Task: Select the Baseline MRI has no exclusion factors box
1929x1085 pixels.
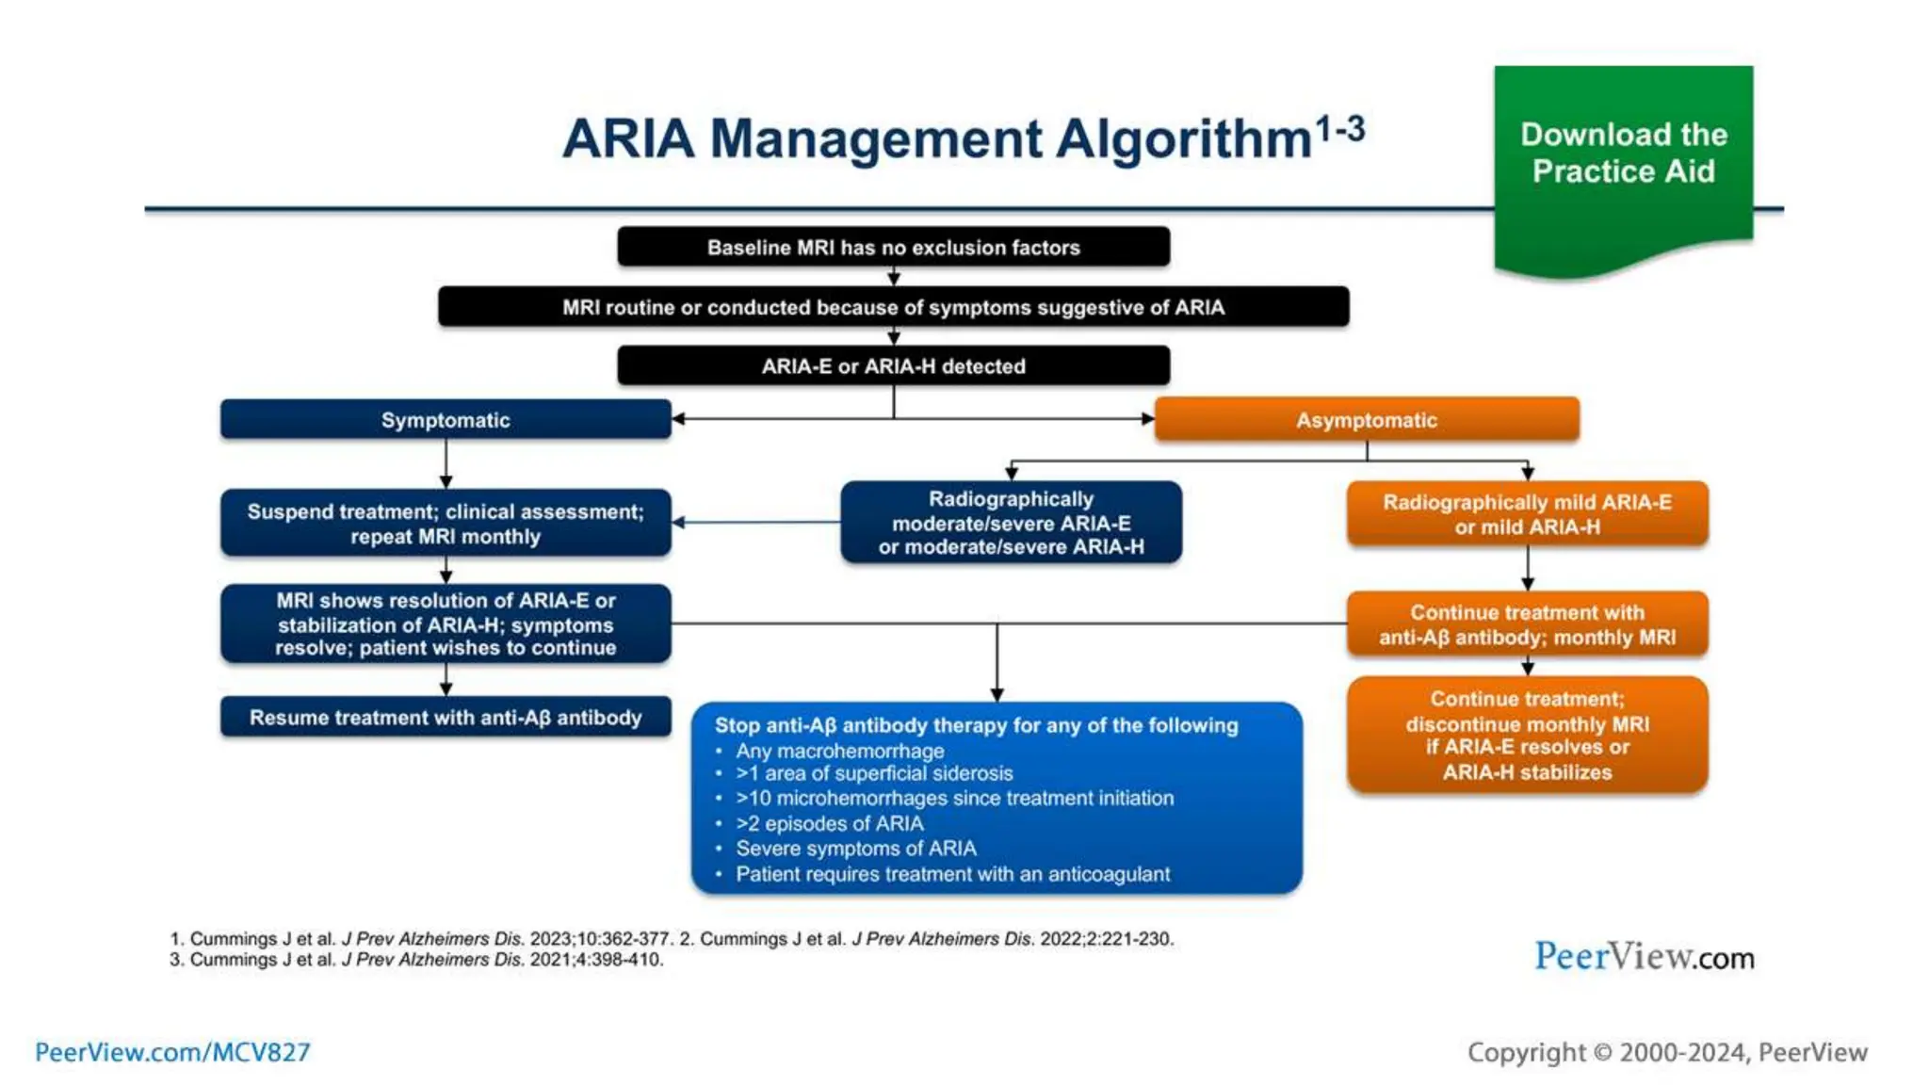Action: [893, 248]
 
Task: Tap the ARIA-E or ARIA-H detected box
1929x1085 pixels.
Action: [893, 366]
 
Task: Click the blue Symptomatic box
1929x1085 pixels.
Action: [446, 420]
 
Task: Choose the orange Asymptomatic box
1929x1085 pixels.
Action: [1366, 420]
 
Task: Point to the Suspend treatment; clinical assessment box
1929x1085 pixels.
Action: [446, 524]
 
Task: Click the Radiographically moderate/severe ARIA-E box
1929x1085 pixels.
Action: [1011, 523]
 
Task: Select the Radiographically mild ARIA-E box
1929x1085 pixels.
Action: [1527, 514]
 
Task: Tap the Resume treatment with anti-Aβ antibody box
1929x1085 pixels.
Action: [446, 718]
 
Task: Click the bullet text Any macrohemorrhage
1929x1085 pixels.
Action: [839, 751]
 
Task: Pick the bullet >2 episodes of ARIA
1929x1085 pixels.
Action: [829, 823]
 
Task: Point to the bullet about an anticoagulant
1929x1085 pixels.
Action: [952, 874]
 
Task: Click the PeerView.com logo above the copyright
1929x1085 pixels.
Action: [1644, 957]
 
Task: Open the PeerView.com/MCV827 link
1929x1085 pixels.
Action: [172, 1052]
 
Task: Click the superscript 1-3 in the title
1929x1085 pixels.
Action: [1338, 128]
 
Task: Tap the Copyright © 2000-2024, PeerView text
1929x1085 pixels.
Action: [1666, 1052]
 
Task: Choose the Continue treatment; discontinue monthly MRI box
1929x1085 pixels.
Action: [1527, 736]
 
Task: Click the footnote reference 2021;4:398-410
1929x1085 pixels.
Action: [596, 960]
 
